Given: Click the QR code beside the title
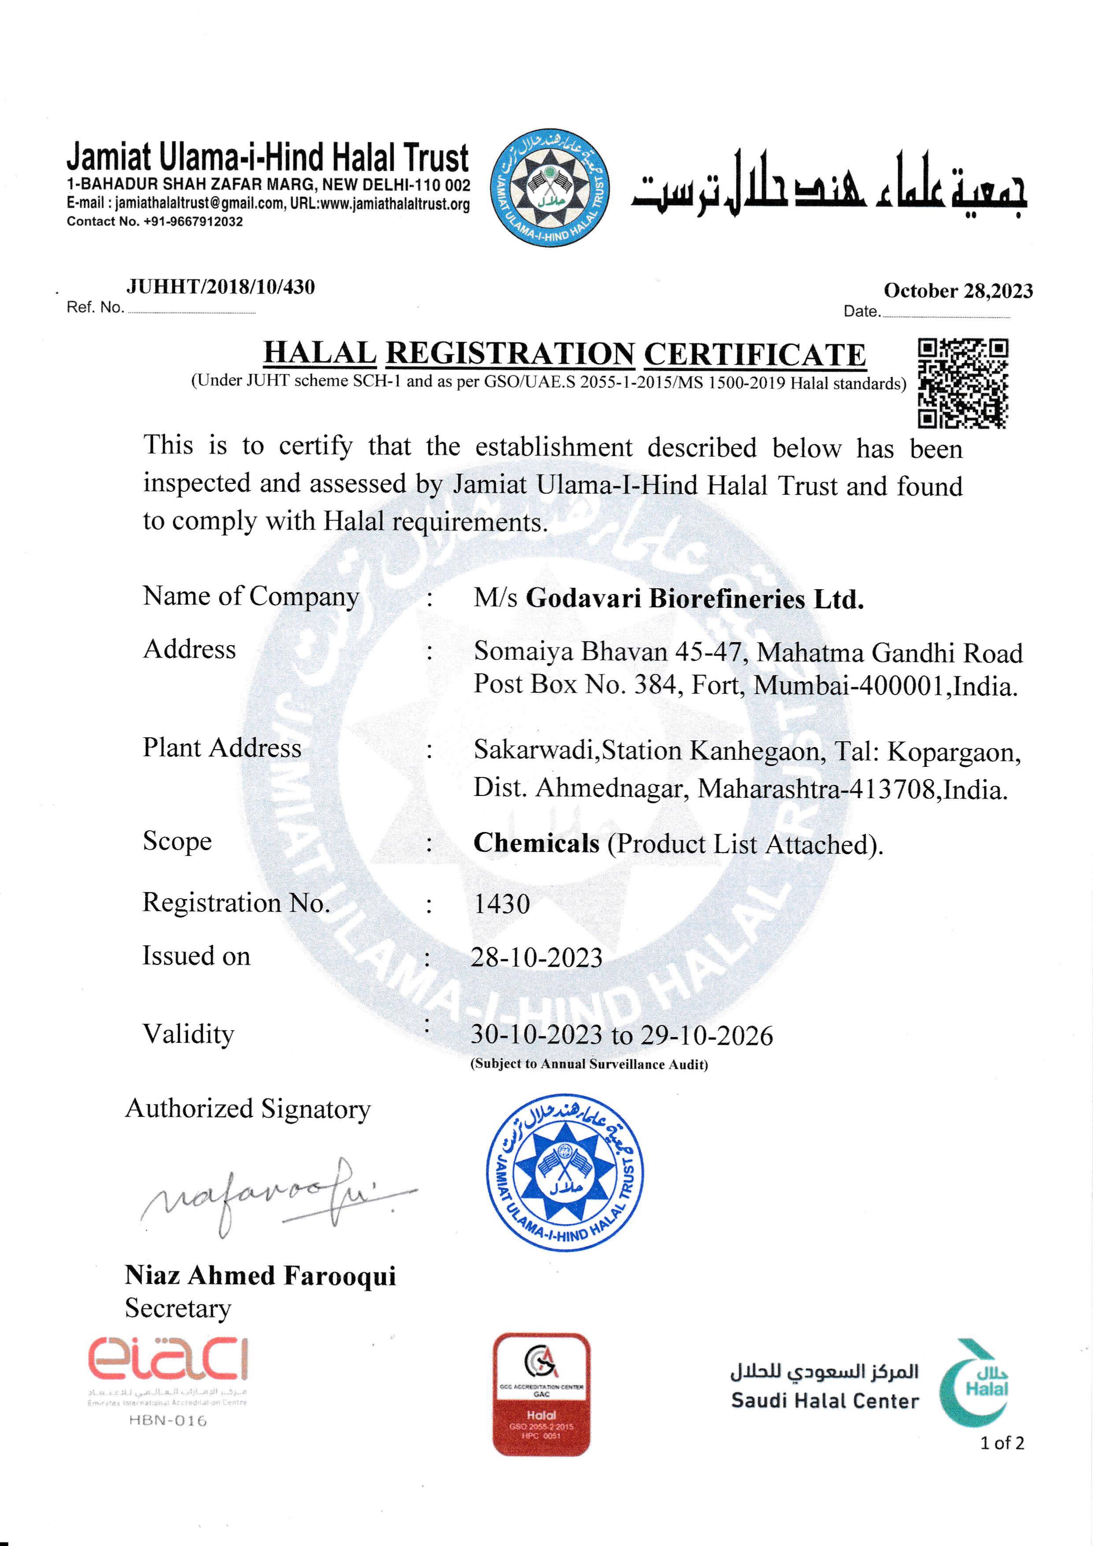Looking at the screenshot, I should (x=963, y=383).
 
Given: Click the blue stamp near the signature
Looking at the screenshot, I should (x=564, y=1172).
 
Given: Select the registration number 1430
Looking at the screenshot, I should (x=502, y=903).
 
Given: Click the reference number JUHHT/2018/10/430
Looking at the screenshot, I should (x=220, y=287).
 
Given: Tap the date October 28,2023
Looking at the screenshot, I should (x=958, y=291).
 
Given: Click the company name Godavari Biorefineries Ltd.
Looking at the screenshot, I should (x=694, y=598).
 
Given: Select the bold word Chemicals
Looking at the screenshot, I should (x=536, y=843).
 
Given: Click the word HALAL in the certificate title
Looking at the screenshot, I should (x=319, y=353).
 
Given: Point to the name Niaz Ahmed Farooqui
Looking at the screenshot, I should (x=260, y=1275).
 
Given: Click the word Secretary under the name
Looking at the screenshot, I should (x=178, y=1308).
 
